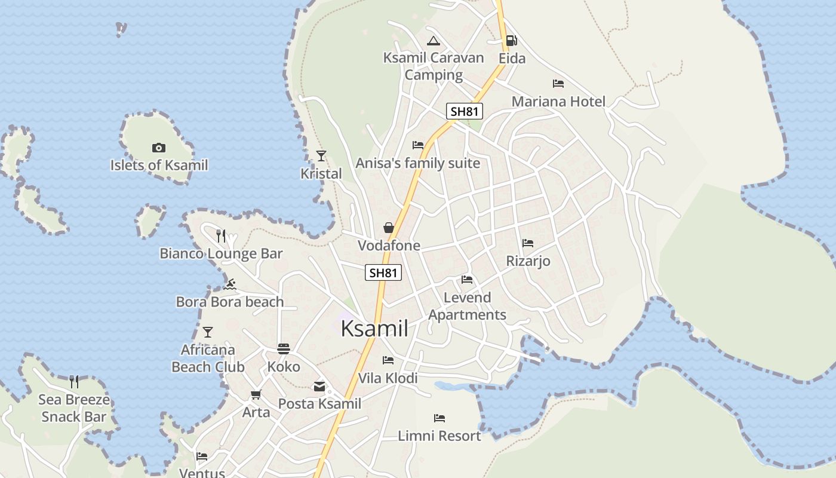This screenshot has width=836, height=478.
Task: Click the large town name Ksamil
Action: pos(374,329)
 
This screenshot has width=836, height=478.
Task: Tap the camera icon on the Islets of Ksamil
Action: pos(159,148)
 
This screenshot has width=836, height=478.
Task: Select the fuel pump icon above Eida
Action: pos(511,41)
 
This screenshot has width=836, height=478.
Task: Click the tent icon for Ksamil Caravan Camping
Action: pos(434,41)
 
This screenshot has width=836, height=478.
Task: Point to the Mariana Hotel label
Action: pos(558,102)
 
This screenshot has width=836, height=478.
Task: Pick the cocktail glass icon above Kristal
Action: pos(321,156)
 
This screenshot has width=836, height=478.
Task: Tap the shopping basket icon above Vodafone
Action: pos(389,228)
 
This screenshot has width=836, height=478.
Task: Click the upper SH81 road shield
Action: pos(465,111)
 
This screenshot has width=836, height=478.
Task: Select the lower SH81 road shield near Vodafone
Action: pos(383,273)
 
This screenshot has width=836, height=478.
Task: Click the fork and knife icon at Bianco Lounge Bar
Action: pos(221,236)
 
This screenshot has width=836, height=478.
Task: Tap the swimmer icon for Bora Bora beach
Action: pos(230,284)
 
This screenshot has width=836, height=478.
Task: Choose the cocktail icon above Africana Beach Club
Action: pos(208,332)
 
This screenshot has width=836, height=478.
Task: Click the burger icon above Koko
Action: pos(284,349)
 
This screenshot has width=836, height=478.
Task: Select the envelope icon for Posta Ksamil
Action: pos(319,387)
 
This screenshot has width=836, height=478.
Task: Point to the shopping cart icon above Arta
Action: pos(256,394)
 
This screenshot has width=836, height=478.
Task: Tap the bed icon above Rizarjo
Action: pos(528,243)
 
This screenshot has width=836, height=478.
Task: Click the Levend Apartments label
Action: pos(467,306)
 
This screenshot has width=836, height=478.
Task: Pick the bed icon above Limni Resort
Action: pos(439,418)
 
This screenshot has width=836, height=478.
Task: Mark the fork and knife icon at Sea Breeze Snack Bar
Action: pos(74,382)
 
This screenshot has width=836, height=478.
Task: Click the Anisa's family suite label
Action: pos(418,163)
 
